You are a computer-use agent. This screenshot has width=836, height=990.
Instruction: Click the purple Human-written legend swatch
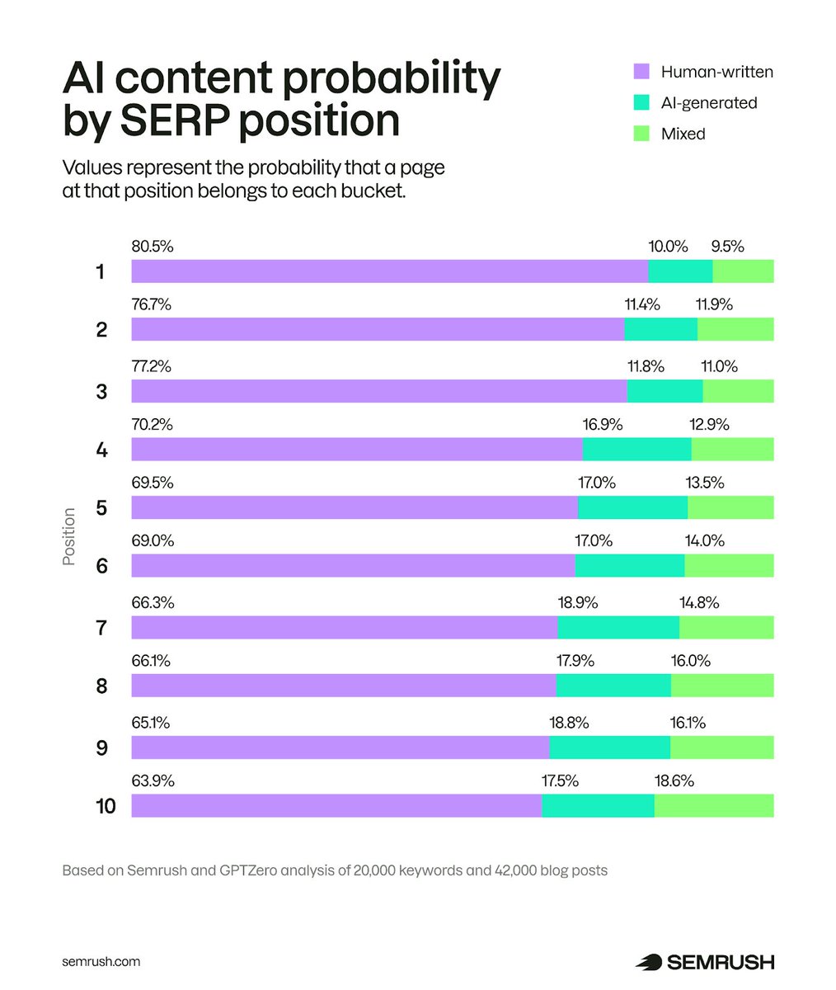pos(641,72)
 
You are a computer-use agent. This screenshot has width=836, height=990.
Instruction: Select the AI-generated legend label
pos(709,102)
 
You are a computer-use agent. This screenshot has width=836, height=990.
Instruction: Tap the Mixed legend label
pos(683,134)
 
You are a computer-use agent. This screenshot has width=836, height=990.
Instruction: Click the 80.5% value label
pos(153,246)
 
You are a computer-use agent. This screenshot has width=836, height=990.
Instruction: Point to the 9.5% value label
pos(727,246)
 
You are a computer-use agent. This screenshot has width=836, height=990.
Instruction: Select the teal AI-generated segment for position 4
pos(636,450)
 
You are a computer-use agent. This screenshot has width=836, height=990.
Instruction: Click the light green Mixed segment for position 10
pos(714,805)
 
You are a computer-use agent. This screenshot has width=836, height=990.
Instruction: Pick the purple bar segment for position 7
pos(345,627)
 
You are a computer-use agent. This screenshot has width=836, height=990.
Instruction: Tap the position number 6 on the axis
pos(101,566)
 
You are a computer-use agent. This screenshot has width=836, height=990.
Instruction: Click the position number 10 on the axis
pos(106,806)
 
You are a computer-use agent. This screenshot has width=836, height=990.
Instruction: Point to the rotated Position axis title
pos(69,536)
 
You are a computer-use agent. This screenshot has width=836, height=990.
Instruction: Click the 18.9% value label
pos(578,603)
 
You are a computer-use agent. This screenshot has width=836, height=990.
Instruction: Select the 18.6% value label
pos(674,780)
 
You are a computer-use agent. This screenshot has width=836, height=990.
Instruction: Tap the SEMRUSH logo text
pos(720,962)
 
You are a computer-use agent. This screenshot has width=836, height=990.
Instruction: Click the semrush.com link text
pos(101,962)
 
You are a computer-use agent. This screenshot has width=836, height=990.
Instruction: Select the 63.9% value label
pos(153,780)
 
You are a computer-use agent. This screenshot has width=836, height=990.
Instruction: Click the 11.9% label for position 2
pos(714,304)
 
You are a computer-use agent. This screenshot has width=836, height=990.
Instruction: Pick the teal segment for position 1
pos(680,271)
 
